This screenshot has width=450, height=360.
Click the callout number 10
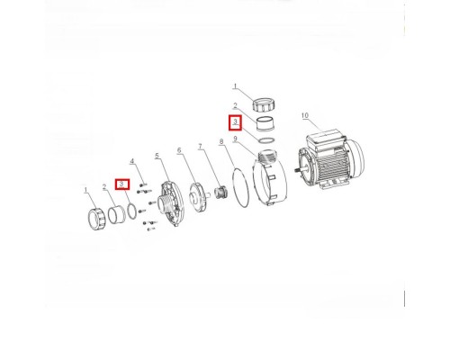pyautogui.click(x=304, y=115)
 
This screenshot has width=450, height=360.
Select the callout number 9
pyautogui.click(x=236, y=139)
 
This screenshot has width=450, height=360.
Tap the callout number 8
pyautogui.click(x=221, y=141)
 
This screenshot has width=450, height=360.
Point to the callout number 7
pyautogui.click(x=200, y=147)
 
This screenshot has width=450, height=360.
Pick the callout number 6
pyautogui.click(x=179, y=150)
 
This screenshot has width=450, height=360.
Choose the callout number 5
pyautogui.click(x=157, y=156)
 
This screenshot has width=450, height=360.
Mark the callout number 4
pyautogui.click(x=131, y=161)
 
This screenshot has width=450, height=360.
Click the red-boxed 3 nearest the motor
pyautogui.click(x=236, y=122)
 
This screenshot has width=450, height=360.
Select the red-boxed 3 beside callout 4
pyautogui.click(x=122, y=184)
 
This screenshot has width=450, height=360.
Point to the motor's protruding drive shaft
pyautogui.click(x=297, y=169)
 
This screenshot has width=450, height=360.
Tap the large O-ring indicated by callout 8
pyautogui.click(x=240, y=188)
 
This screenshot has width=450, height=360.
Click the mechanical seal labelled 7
pyautogui.click(x=221, y=192)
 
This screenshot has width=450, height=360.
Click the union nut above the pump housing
pyautogui.click(x=264, y=104)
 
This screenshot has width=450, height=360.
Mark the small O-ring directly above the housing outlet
pyautogui.click(x=265, y=140)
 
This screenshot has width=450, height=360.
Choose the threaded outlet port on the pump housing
pyautogui.click(x=267, y=156)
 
